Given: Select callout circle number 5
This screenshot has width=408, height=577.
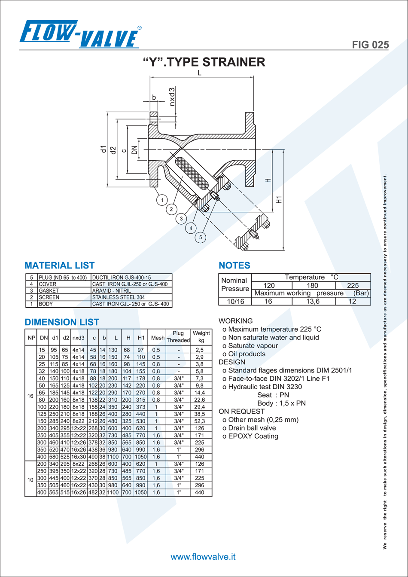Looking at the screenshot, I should coord(200,237).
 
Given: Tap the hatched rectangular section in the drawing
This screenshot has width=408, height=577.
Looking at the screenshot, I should coord(250,174).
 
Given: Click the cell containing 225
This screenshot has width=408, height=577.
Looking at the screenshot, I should coord(353,285).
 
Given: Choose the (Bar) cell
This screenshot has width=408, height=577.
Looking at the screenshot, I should coord(361,293).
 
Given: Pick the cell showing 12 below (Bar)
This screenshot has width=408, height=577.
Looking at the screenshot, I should coord(353,301).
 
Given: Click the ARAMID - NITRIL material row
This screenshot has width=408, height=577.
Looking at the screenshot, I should coord(112,291).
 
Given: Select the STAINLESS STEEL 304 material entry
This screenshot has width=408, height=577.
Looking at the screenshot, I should coord(118,297).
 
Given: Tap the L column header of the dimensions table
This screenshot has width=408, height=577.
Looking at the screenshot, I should coord(116,338).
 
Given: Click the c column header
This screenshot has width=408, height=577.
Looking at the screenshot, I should coord(94,338).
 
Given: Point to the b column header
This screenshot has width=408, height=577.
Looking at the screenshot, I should coord(104,338).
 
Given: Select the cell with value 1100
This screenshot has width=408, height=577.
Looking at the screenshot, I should coord(113,457).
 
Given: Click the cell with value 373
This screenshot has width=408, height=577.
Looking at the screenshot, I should coord(141,407).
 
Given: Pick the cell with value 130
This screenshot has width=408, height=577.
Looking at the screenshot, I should coord(113,350).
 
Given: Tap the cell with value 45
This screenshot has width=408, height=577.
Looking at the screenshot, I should coord(93,350).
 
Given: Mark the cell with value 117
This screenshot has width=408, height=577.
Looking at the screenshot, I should coord(127,379).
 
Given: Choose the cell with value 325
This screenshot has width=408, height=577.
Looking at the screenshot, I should coord(127,421).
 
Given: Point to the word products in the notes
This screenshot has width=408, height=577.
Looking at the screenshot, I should coord(252,354).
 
